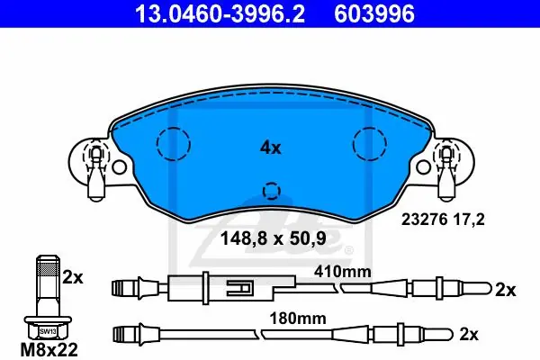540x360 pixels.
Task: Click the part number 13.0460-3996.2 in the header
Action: click(x=220, y=13)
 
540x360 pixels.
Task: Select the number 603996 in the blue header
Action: click(x=374, y=13)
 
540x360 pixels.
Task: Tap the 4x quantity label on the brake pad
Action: click(x=270, y=148)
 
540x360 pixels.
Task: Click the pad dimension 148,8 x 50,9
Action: click(x=273, y=238)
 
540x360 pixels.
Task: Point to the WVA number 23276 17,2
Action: click(x=443, y=219)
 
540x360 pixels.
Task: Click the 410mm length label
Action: click(x=343, y=272)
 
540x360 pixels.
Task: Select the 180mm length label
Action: click(x=298, y=319)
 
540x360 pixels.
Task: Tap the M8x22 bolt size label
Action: click(x=49, y=350)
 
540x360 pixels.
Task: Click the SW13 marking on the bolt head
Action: click(x=48, y=332)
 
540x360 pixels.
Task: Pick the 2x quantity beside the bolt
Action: click(x=73, y=278)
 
